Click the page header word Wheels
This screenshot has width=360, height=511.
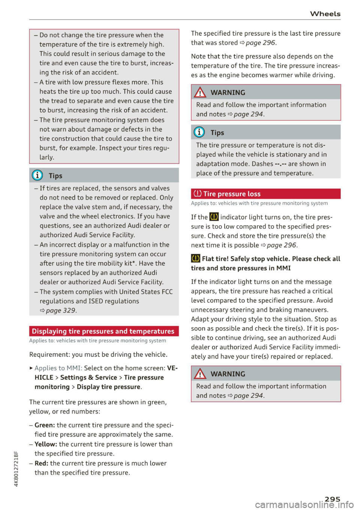coord(325,14)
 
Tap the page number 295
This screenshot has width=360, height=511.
coord(332,499)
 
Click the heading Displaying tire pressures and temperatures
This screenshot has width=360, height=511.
coord(103,331)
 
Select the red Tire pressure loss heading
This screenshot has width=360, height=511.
coord(232,194)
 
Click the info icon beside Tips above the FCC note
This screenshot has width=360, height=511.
coord(37,175)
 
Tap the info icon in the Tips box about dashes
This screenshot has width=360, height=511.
coord(199,132)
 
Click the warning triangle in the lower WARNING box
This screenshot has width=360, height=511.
coord(200,374)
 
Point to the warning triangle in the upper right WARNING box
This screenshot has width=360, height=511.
coord(200,92)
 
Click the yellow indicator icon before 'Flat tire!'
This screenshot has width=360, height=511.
coord(195,259)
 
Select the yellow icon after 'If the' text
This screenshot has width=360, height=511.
coord(214,217)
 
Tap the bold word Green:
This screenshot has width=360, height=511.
coord(45,425)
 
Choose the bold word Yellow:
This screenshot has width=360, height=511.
coord(46,444)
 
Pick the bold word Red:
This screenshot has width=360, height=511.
coord(41,463)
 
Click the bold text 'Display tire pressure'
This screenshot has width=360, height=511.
coord(108,387)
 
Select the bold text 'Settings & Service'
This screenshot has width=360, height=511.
coord(88,378)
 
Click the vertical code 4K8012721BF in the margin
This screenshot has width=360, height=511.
coord(16,469)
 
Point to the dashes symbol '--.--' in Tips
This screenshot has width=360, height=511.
coord(280,164)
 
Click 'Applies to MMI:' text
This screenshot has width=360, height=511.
coord(58,368)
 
